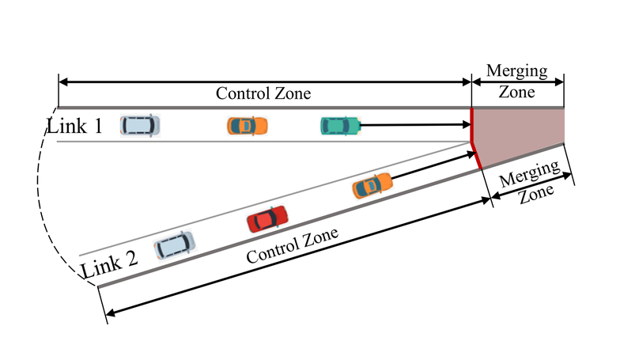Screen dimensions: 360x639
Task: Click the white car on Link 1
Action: (x=140, y=124)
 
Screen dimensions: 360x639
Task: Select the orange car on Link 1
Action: (x=247, y=125)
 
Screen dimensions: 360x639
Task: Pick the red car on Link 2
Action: (x=267, y=218)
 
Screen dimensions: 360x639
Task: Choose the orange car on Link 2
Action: (x=371, y=185)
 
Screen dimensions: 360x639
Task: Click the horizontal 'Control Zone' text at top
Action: (x=263, y=93)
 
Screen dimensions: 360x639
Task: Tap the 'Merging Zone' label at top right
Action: (x=517, y=81)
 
